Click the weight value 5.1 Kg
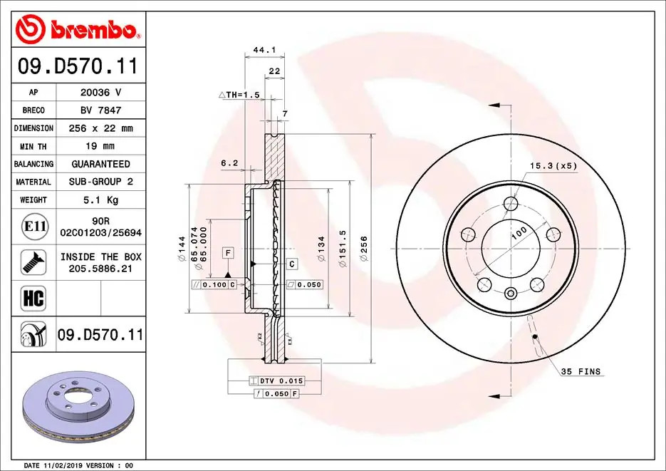pos(100,200)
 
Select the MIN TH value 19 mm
pos(100,146)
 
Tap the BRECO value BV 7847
pos(100,110)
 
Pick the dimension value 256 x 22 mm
pos(100,128)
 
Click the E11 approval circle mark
pos(34,227)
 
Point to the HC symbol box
pos(33,298)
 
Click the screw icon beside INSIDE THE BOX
pos(33,262)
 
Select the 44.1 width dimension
pos(264,50)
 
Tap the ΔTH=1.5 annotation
pos(239,95)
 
